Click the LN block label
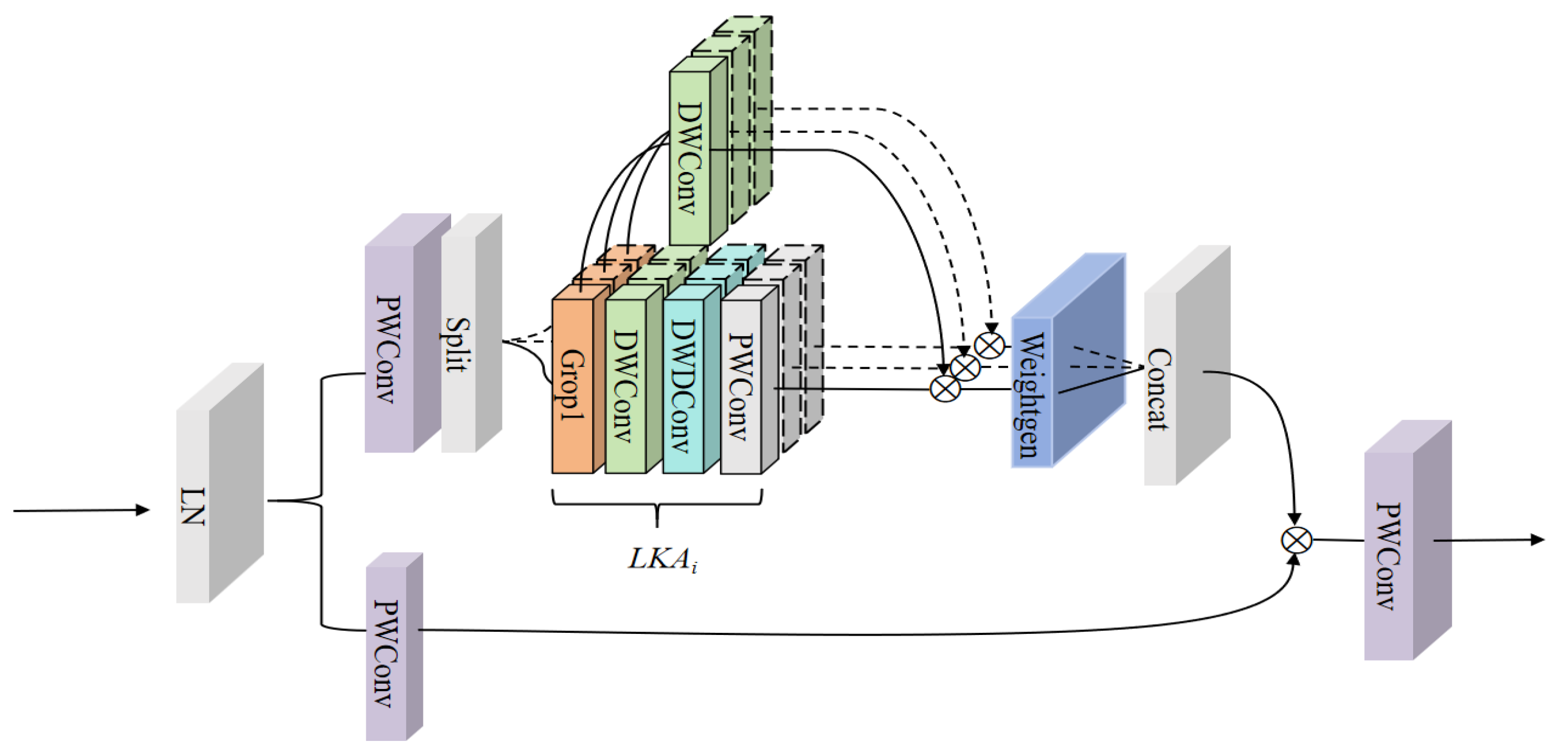193,507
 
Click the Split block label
458,344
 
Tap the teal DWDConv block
683,386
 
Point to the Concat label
1158,390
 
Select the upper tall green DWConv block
689,157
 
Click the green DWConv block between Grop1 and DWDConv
625,386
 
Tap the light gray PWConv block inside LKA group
740,386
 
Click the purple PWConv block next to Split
388,350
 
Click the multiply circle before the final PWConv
1296,540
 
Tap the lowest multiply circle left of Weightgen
945,389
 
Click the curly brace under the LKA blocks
657,507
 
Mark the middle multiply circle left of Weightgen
965,368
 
